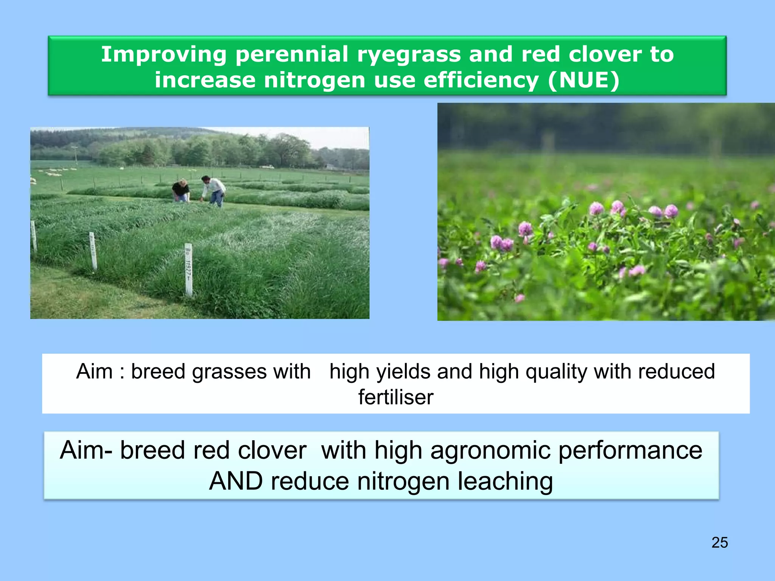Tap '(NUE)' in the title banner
584,80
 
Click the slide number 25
719,542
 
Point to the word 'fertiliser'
395,397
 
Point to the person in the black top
181,191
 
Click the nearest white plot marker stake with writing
188,270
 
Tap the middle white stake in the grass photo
93,250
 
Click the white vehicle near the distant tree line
267,166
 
